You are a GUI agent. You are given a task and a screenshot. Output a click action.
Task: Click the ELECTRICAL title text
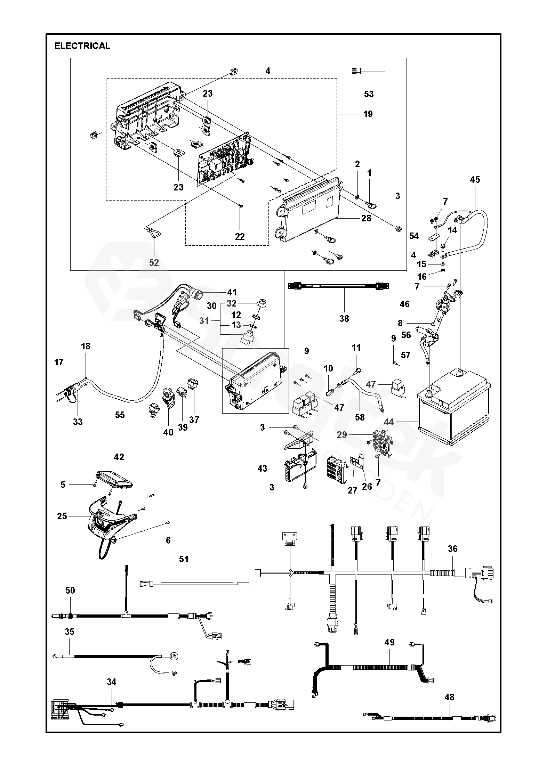[x=82, y=46]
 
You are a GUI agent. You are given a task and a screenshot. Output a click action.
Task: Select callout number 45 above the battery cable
[x=475, y=180]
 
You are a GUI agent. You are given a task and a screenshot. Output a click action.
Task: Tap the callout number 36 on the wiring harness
[x=452, y=549]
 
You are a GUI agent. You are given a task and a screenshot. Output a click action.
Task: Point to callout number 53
[x=369, y=94]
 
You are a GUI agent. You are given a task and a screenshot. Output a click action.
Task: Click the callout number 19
[x=368, y=114]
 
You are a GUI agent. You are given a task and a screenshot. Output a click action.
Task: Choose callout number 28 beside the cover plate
[x=366, y=218]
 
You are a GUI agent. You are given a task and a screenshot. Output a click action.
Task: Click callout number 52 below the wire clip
[x=154, y=263]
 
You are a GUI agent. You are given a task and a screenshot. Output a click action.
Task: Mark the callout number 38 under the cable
[x=344, y=318]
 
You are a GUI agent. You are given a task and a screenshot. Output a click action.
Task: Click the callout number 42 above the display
[x=119, y=457]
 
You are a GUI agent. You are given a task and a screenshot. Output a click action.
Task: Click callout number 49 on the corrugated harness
[x=389, y=642]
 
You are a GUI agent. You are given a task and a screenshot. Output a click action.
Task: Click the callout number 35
[x=70, y=632]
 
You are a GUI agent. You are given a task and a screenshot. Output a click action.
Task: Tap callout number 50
[x=70, y=590]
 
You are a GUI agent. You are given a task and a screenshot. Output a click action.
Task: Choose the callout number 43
[x=262, y=469]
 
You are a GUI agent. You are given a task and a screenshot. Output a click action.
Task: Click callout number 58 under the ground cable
[x=360, y=417]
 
